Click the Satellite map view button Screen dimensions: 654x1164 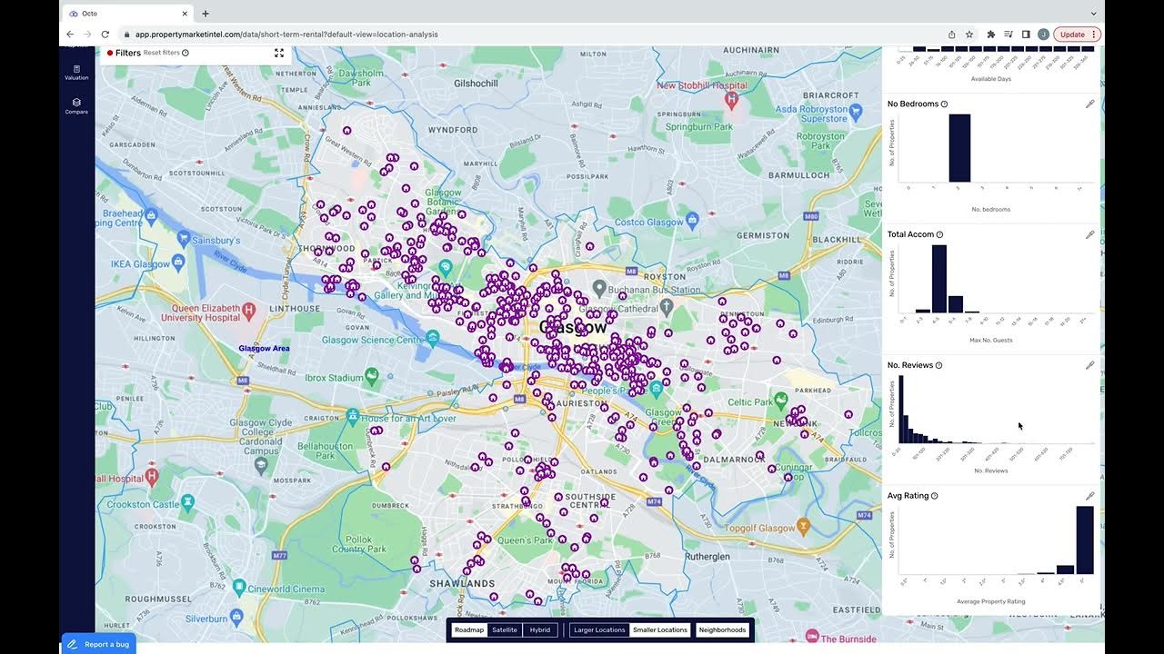click(505, 629)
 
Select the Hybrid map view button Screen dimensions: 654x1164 click(540, 629)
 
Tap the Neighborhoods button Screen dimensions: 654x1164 click(722, 629)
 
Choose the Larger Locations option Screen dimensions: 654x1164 click(599, 629)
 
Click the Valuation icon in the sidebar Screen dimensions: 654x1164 click(76, 72)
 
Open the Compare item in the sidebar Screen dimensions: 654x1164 click(76, 106)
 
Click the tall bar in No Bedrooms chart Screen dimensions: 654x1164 click(959, 148)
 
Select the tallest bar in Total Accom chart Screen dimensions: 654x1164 click(939, 279)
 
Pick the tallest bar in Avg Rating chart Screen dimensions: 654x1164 click(1085, 540)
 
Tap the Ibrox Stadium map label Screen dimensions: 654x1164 click(334, 377)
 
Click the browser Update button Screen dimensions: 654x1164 click(1077, 35)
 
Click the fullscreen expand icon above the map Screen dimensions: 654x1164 click(279, 53)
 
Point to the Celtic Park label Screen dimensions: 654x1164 click(749, 401)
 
